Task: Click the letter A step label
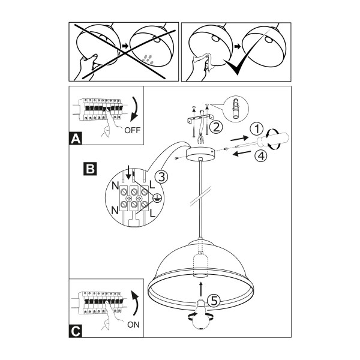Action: (76, 138)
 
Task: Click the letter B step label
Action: (90, 169)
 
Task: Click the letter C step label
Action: (76, 331)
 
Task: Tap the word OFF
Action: (132, 130)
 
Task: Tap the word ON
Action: (133, 325)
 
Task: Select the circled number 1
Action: (257, 129)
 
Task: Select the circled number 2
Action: (216, 127)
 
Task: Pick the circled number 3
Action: (161, 177)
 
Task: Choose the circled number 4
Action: (261, 156)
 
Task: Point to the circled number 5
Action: (214, 301)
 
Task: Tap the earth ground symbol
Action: (157, 198)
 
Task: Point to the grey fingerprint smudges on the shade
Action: (148, 59)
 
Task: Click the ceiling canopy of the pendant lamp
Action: (200, 154)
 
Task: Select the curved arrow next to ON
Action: (136, 303)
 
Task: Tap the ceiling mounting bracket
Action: (200, 119)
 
